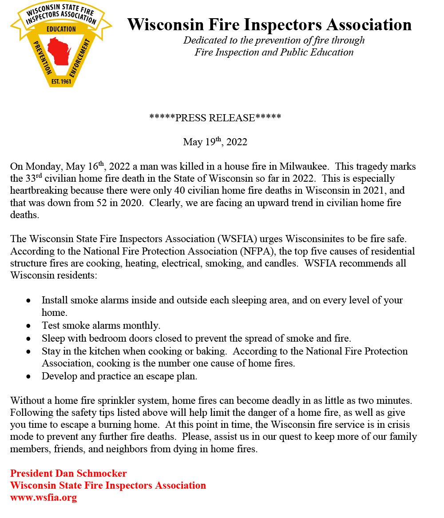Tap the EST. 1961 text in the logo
61,81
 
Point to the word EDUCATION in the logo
61,29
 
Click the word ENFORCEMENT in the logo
80,58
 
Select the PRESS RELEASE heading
215,118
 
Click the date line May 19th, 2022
215,142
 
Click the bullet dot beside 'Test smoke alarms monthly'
29,326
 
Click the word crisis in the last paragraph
398,424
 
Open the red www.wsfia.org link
44,497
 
